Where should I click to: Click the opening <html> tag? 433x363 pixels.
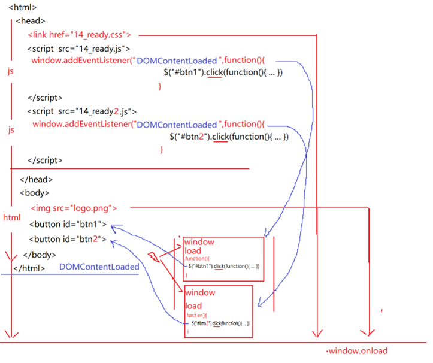[x=22, y=8]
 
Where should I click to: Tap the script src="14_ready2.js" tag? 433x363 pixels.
[x=81, y=111]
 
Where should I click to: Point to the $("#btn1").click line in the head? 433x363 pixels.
[x=222, y=73]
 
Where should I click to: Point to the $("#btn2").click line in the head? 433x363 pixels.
[x=228, y=137]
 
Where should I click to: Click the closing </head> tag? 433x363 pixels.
[x=36, y=179]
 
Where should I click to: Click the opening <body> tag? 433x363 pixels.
[x=34, y=193]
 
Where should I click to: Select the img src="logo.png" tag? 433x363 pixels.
[x=74, y=208]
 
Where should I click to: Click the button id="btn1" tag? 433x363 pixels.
[x=68, y=225]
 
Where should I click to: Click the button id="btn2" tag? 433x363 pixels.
[x=68, y=240]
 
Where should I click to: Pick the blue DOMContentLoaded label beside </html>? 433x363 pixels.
[x=99, y=267]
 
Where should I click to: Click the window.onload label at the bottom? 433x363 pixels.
[x=356, y=351]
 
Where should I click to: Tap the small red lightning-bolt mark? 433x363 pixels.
[x=153, y=257]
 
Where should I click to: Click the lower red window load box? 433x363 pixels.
[x=218, y=311]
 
